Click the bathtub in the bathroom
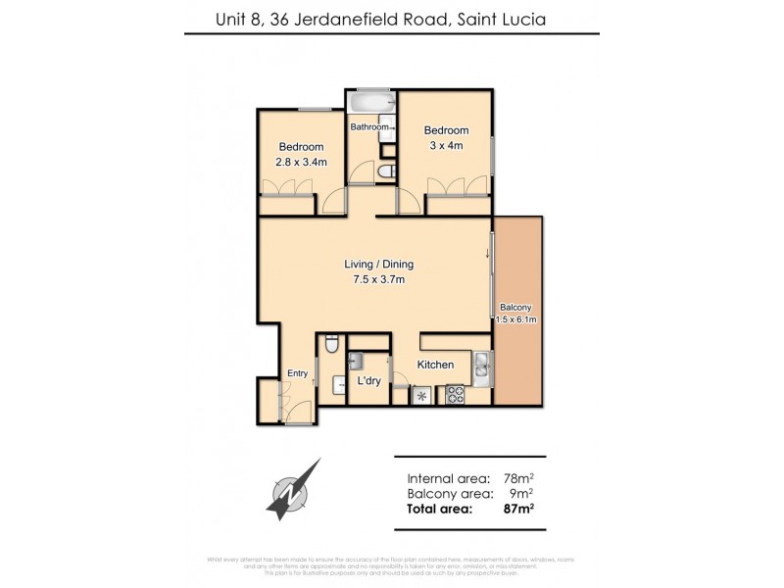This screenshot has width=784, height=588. (x=370, y=103)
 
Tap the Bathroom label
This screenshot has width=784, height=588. (x=369, y=127)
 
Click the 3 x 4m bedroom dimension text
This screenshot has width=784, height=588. (x=446, y=145)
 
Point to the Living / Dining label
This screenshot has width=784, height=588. (x=378, y=264)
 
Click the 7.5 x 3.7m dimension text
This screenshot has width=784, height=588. (x=378, y=279)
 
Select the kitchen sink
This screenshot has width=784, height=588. (x=481, y=367)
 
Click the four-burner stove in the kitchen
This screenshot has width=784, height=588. (x=456, y=395)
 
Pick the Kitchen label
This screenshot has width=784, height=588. (x=435, y=365)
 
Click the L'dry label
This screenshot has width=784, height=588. (x=368, y=380)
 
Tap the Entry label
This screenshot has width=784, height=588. (x=297, y=373)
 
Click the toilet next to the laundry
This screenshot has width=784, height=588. (x=331, y=344)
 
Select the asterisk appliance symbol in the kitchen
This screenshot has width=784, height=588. (x=422, y=396)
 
